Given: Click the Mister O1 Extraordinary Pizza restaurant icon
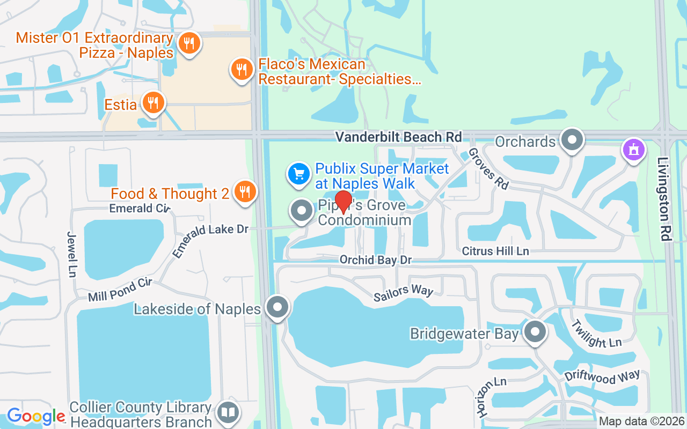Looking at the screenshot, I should [x=188, y=43].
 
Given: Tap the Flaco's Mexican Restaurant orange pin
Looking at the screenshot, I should [x=242, y=69].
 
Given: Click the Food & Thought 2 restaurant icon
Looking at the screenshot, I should [x=245, y=191].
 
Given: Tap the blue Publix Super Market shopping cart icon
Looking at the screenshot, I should [x=299, y=173].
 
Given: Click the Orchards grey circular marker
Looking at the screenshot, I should [x=572, y=140].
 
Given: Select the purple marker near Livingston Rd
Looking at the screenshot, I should [x=634, y=149].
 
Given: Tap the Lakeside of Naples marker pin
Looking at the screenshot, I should [x=278, y=308].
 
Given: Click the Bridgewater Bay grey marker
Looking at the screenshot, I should [x=535, y=332].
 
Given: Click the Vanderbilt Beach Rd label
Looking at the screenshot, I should [x=398, y=137].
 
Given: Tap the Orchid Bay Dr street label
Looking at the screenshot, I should [x=375, y=260].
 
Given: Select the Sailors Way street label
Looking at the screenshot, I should [x=403, y=290].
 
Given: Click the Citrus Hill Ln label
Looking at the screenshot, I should [x=495, y=251].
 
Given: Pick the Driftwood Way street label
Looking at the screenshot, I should [x=602, y=377].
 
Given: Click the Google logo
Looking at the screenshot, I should [x=36, y=416].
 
